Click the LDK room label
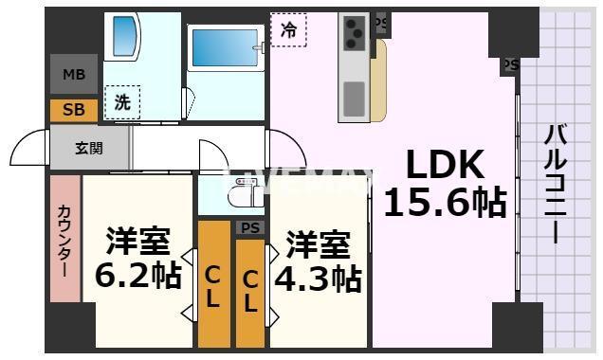click(445, 167)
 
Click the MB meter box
click(73, 75)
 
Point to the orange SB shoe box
click(73, 110)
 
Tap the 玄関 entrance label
click(89, 147)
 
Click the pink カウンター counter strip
click(64, 240)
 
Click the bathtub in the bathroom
click(225, 48)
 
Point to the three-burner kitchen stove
click(355, 35)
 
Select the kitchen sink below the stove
click(354, 97)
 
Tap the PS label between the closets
click(249, 227)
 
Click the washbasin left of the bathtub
click(123, 37)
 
